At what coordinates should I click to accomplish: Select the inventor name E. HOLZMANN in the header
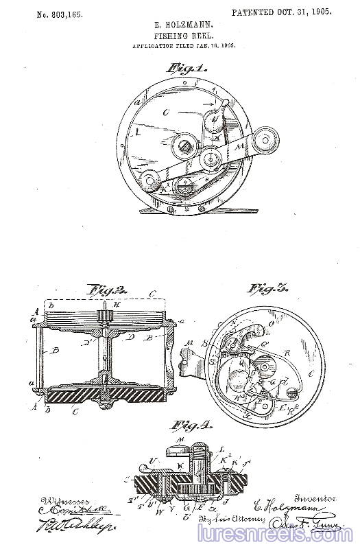pos(180,25)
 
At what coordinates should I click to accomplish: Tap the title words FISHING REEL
pos(180,36)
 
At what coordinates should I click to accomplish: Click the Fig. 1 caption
pos(184,69)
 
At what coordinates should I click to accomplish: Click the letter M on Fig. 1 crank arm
pos(239,146)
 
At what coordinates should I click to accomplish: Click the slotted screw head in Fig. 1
pos(184,145)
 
